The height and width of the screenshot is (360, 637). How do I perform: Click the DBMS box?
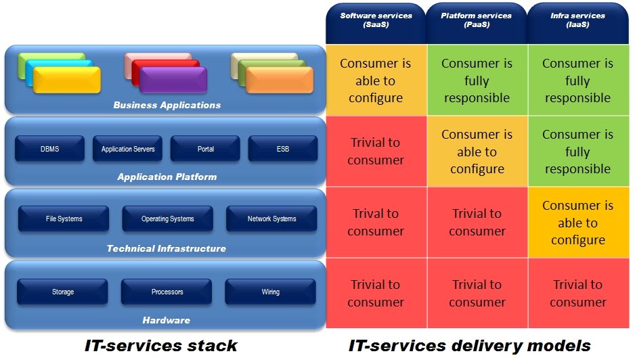click(x=49, y=149)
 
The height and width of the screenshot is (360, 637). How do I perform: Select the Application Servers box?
click(x=128, y=149)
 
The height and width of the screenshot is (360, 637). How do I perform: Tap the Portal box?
click(x=205, y=149)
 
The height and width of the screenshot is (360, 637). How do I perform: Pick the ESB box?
click(x=282, y=149)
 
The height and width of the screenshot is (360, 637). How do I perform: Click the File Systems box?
click(x=64, y=219)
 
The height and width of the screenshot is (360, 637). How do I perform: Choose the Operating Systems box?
click(x=167, y=219)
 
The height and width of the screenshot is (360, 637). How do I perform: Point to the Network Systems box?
click(x=271, y=219)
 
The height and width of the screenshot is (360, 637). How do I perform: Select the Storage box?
click(x=62, y=292)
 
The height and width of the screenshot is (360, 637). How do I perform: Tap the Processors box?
click(x=167, y=292)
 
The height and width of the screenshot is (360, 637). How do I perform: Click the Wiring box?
click(x=270, y=292)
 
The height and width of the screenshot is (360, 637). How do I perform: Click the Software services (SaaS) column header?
click(x=376, y=20)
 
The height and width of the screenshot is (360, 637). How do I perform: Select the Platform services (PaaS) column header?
click(x=477, y=20)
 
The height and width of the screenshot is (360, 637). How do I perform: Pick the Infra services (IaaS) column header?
click(x=577, y=20)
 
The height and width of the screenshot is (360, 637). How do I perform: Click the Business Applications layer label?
click(x=167, y=105)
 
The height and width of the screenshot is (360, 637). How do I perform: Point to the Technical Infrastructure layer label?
click(x=167, y=248)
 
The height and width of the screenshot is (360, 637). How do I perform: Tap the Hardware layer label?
click(x=167, y=320)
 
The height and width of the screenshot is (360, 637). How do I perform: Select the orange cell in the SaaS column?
click(x=376, y=81)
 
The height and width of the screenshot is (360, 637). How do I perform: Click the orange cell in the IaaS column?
click(x=577, y=223)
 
